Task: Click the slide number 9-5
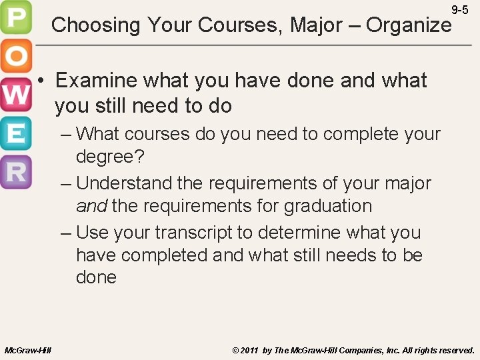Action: click(x=460, y=10)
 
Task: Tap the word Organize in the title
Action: click(x=409, y=25)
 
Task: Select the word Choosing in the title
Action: click(x=96, y=25)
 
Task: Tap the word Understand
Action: click(x=124, y=183)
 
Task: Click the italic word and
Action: click(x=91, y=206)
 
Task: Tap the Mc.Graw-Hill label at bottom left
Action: click(x=27, y=350)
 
